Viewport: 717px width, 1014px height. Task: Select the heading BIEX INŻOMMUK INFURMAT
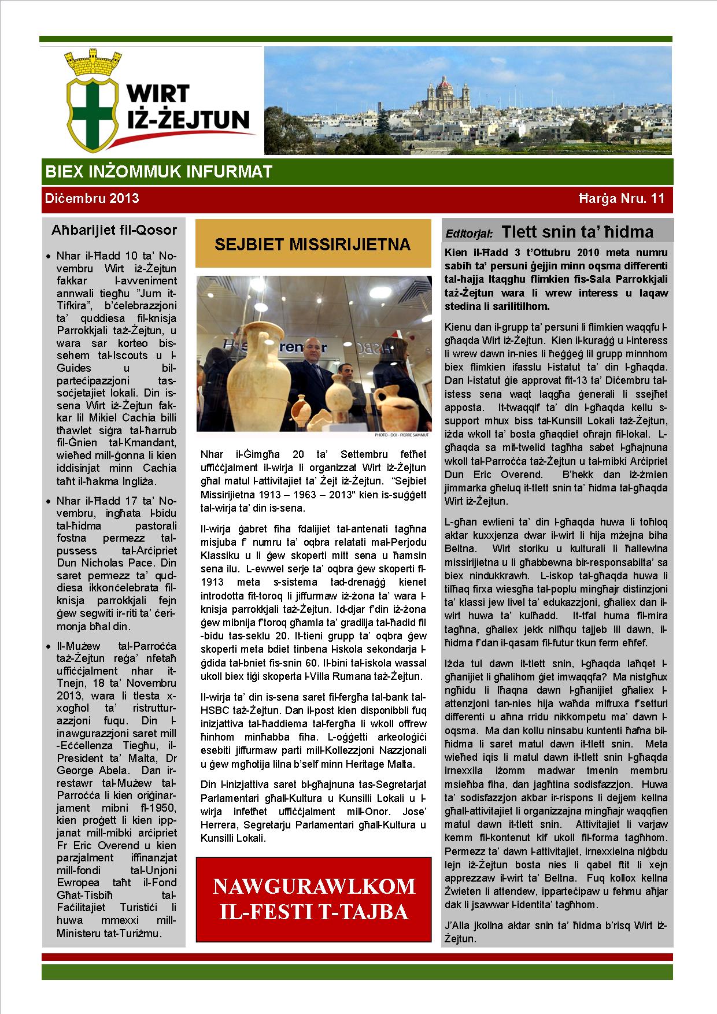(x=158, y=172)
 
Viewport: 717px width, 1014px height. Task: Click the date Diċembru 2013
(x=92, y=198)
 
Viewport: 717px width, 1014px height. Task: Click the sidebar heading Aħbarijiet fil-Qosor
(x=114, y=230)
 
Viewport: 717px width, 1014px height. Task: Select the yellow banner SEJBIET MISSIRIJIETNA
(x=313, y=244)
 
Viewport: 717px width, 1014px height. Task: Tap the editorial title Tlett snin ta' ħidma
(x=578, y=232)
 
